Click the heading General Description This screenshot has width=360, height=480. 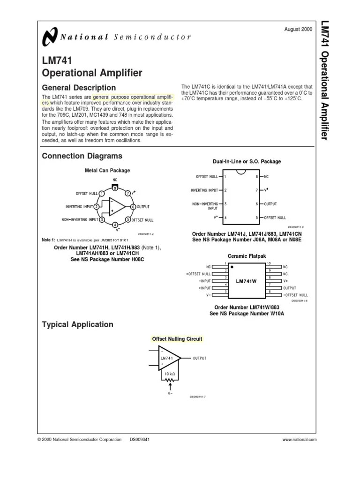[79, 88]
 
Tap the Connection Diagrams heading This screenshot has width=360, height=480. [82, 156]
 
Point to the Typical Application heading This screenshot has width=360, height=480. [77, 324]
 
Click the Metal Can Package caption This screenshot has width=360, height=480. [107, 171]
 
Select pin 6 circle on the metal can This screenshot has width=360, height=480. [133, 207]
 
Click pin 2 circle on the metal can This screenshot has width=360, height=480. [97, 207]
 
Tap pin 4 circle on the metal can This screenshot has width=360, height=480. [115, 225]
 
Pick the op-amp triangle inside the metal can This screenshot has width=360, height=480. [116, 207]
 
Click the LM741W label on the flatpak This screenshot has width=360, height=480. [247, 281]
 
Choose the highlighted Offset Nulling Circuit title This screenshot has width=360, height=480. [177, 339]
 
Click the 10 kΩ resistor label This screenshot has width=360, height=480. [170, 373]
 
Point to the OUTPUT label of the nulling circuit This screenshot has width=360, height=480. [199, 358]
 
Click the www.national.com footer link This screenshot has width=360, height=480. [300, 440]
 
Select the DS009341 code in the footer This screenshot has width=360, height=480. [139, 440]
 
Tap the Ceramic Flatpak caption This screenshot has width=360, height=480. [247, 256]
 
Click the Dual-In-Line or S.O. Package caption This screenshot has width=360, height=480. [247, 162]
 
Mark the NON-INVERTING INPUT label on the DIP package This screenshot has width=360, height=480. [204, 206]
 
